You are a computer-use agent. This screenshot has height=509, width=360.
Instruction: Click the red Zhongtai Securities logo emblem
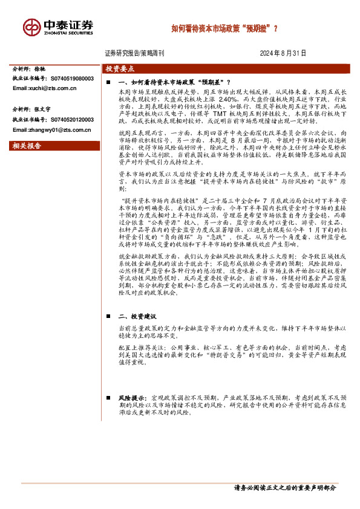point(31,27)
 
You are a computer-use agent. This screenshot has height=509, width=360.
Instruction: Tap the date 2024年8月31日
point(284,53)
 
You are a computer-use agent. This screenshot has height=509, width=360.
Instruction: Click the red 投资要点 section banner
point(119,69)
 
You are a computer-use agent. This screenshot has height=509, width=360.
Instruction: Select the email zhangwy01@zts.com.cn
point(51,129)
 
